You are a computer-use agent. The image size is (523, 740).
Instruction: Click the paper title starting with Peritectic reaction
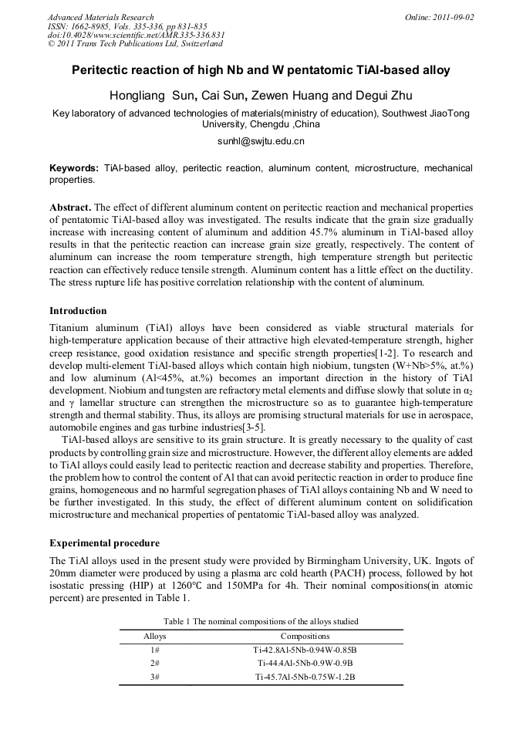click(261, 70)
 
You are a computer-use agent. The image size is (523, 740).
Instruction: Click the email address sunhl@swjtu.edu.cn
click(261, 141)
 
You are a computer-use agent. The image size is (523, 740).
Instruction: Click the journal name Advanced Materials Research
click(100, 17)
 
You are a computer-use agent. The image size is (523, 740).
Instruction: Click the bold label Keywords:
click(74, 167)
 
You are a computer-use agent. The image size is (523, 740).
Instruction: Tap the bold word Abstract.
click(69, 208)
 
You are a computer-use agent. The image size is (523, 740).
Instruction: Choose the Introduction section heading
click(78, 311)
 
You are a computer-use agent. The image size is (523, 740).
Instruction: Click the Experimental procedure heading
click(104, 542)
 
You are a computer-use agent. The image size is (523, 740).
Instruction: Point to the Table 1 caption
click(261, 621)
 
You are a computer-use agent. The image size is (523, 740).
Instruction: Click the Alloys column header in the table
click(155, 637)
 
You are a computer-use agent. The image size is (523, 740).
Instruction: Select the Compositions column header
click(305, 637)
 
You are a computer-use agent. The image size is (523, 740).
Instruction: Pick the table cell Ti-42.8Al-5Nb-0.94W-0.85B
click(305, 650)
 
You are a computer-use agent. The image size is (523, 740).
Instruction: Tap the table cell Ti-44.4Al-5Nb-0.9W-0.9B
click(305, 663)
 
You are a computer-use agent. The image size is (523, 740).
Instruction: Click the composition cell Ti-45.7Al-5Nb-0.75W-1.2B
click(305, 677)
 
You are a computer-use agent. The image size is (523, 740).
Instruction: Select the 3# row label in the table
click(155, 677)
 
